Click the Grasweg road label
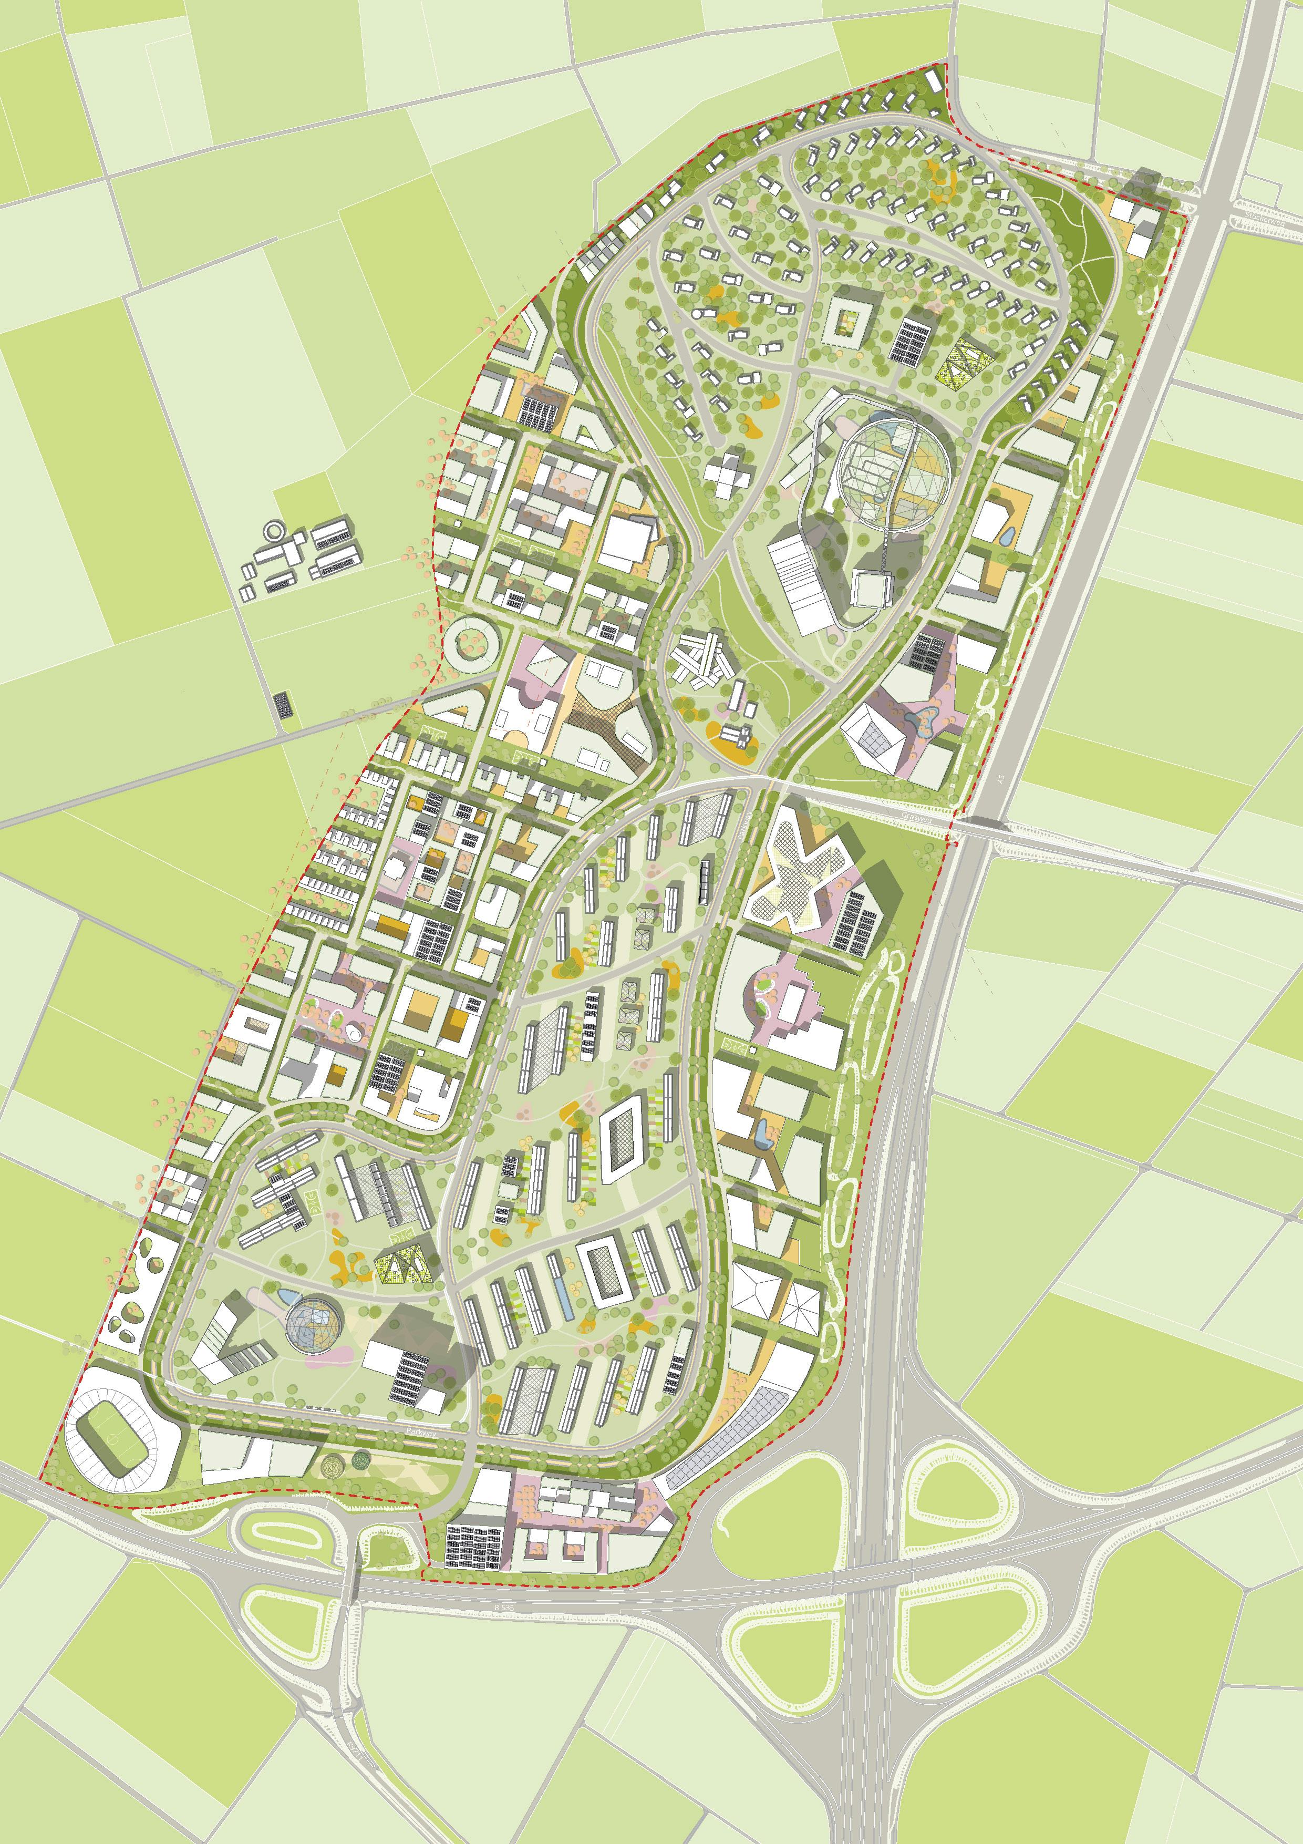tap(915, 816)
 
